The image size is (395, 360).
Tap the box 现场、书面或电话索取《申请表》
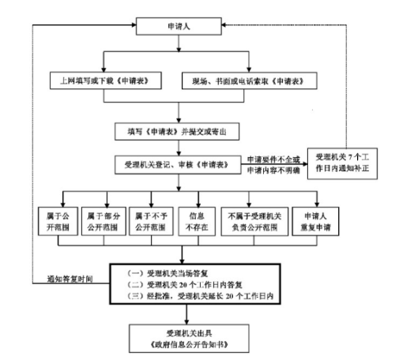[x=250, y=81]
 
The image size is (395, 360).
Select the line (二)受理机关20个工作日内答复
[x=175, y=285]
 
